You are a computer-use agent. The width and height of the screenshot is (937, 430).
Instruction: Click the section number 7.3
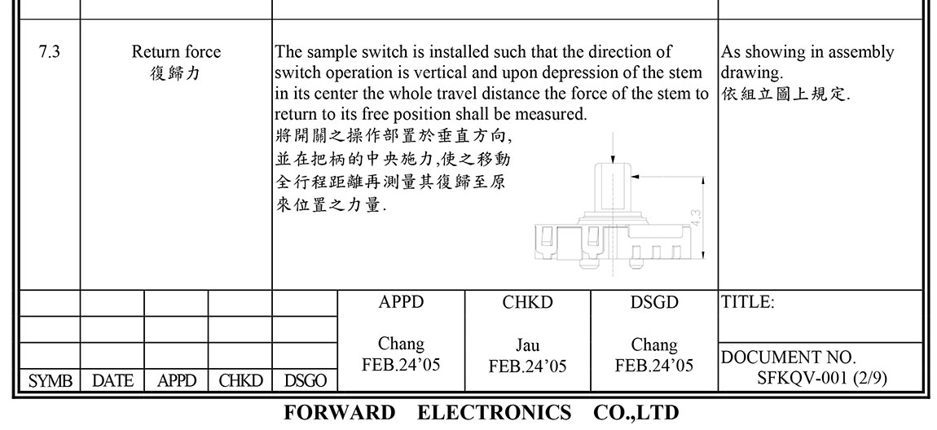[48, 52]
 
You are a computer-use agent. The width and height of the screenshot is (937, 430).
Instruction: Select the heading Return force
[176, 52]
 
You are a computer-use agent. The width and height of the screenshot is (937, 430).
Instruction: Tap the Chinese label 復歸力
[176, 73]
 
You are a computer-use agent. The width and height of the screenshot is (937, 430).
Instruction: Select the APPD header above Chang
[401, 302]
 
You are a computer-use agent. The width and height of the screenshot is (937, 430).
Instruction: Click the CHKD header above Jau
[527, 302]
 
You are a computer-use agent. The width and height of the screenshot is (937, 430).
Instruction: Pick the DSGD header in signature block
[654, 302]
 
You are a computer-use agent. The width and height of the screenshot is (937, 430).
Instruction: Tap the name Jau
[527, 345]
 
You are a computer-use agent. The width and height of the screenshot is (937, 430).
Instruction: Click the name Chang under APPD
[401, 344]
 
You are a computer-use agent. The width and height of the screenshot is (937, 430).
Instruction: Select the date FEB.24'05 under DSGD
[654, 365]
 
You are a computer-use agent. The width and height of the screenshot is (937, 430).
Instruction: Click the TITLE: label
[748, 302]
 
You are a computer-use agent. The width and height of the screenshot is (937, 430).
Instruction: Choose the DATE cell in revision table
[112, 380]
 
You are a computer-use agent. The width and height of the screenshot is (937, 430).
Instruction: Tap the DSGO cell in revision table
[306, 380]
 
